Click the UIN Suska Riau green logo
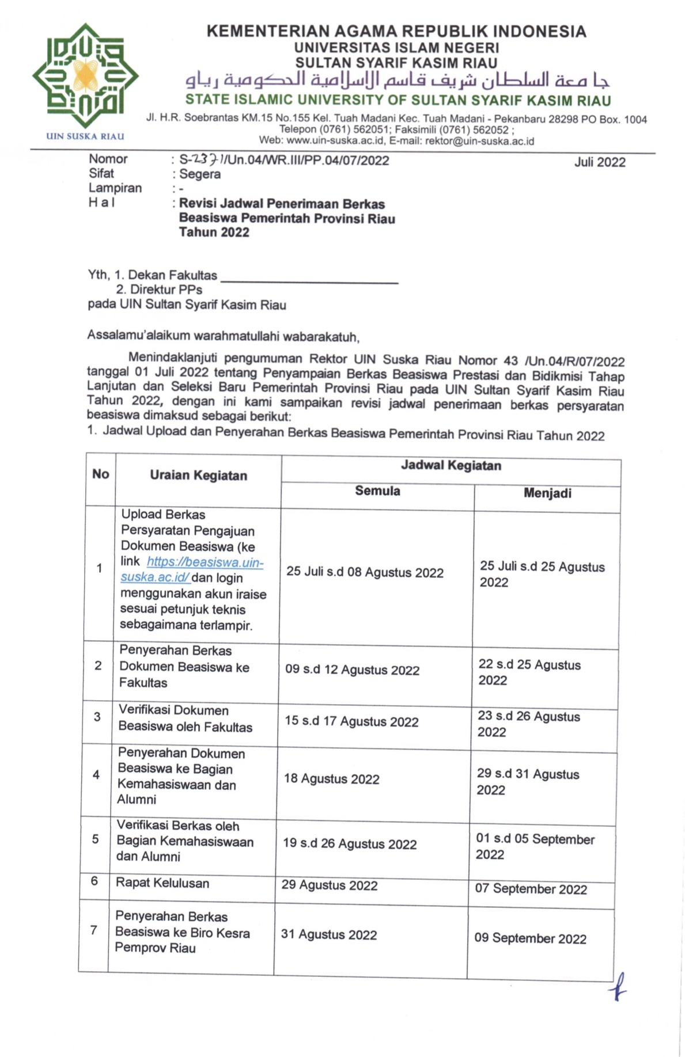point(85,77)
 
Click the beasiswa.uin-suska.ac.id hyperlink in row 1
point(192,569)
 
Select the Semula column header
point(377,491)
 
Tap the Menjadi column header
point(547,493)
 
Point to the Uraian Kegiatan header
point(198,476)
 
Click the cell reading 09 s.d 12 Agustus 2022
point(352,670)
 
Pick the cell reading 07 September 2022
point(531,889)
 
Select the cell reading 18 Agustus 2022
point(331,780)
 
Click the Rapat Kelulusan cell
point(162,883)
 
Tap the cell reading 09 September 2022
point(530,938)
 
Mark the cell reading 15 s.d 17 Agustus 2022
point(351,722)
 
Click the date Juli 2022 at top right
point(599,162)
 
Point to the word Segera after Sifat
point(200,174)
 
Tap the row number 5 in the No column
point(96,839)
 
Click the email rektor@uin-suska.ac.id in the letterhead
point(479,140)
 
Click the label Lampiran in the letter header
point(115,188)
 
